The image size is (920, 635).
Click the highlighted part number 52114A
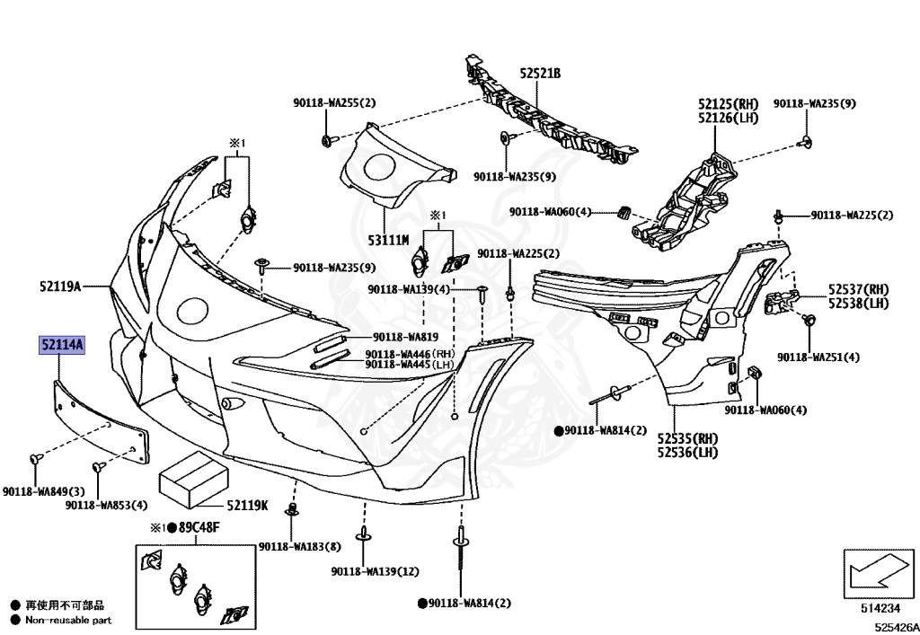point(61,345)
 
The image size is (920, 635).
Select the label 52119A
point(60,287)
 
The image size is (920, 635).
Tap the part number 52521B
point(539,73)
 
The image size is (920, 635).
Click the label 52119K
point(247,506)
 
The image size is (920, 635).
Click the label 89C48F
point(197,527)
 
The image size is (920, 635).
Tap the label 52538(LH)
point(858,304)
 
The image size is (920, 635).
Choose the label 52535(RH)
point(687,438)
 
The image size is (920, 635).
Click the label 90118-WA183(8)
point(299,546)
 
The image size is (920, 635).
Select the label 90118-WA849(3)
point(43,491)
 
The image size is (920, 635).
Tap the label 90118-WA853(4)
point(106,506)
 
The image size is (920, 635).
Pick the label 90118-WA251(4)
point(818,357)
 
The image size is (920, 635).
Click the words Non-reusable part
point(68,620)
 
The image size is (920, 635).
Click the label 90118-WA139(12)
point(375,571)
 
